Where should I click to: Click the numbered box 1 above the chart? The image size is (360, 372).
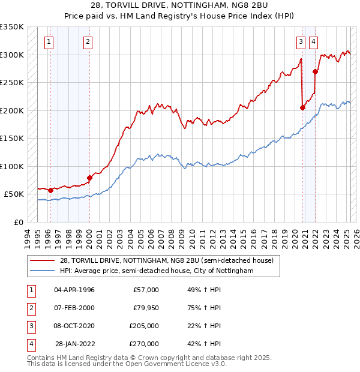coord(48,41)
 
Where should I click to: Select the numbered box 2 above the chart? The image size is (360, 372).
coord(88,41)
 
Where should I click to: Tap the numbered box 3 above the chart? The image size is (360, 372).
coord(300,41)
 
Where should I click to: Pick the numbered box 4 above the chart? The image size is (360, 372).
coord(314,41)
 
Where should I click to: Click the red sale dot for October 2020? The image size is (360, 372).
coord(302,108)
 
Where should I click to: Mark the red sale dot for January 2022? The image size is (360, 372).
coord(316,71)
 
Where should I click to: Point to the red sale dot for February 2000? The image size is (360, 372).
coord(89,178)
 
